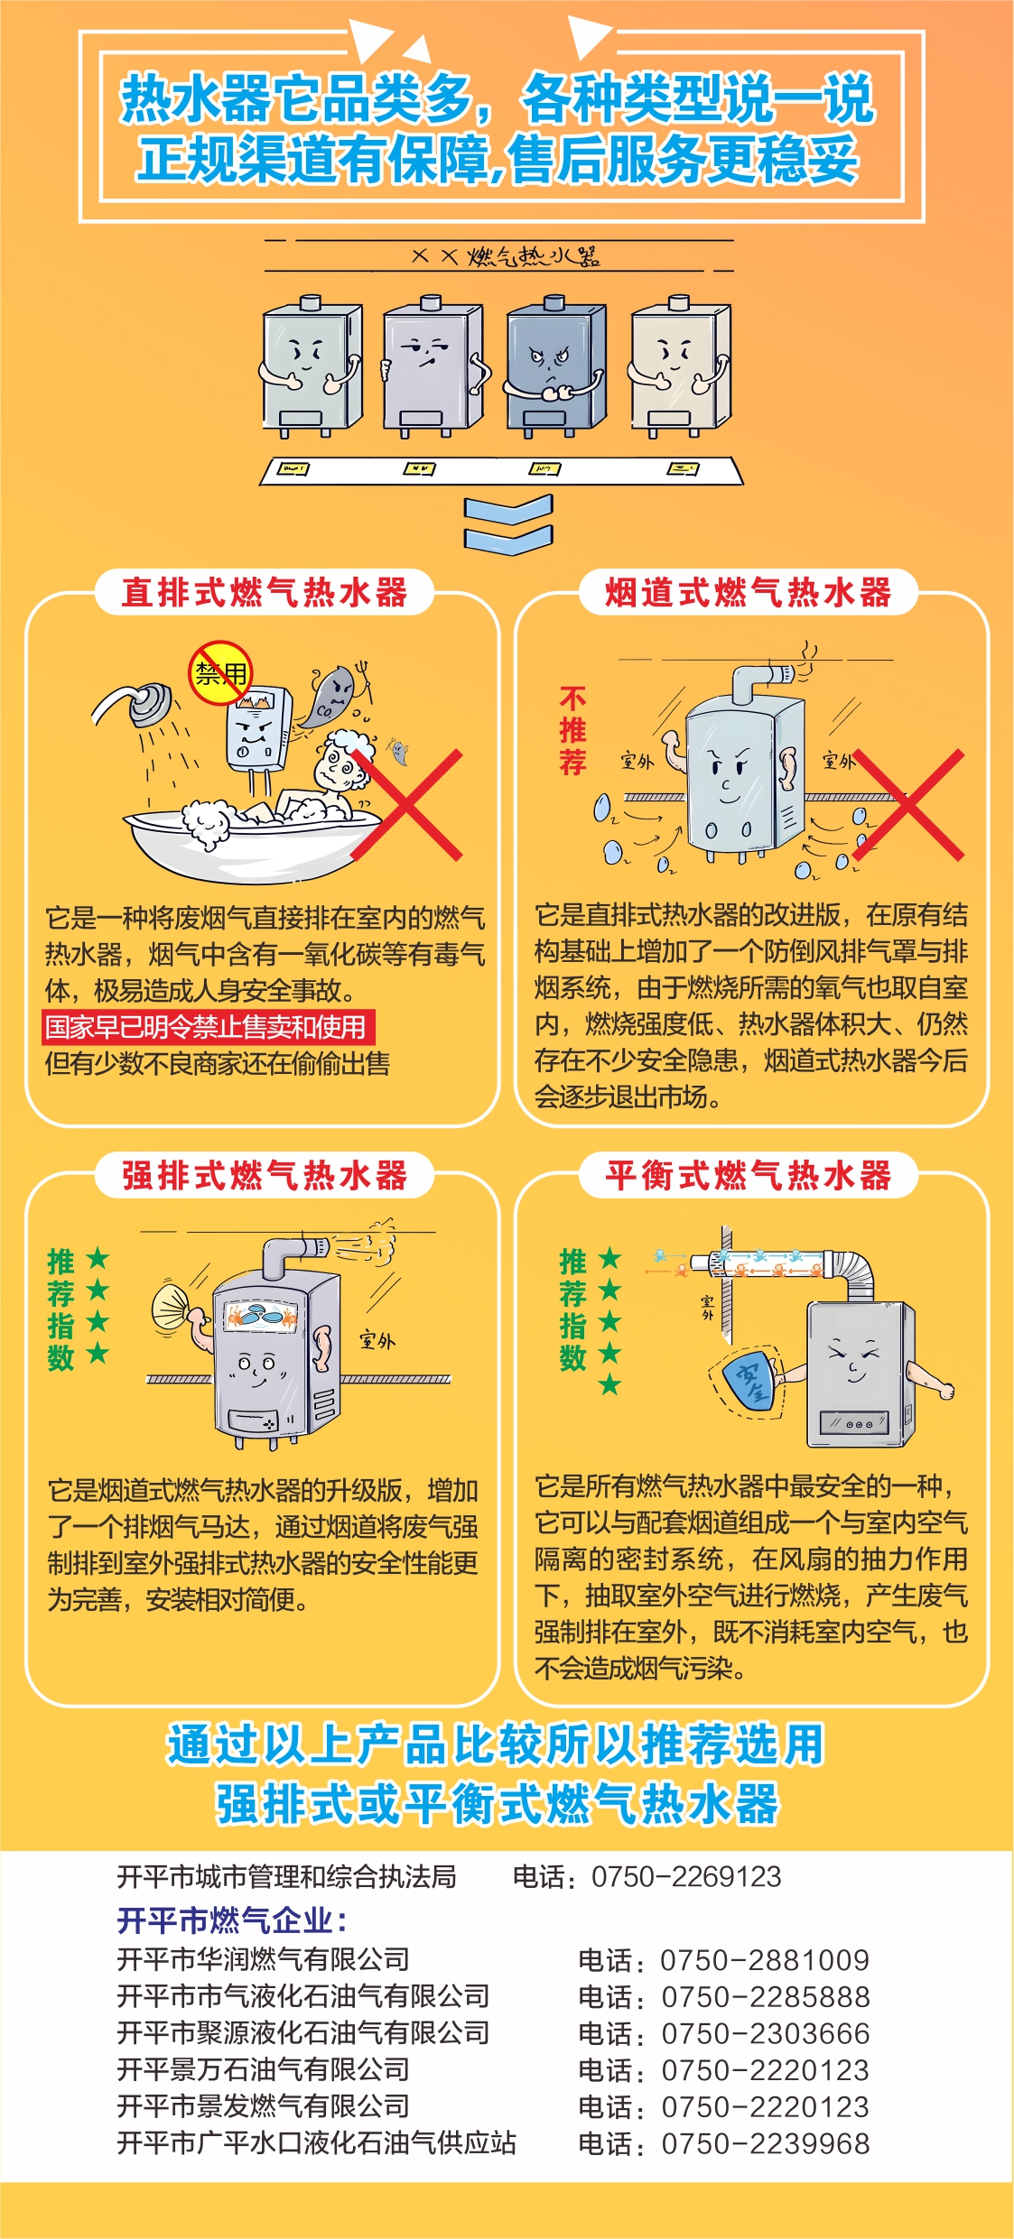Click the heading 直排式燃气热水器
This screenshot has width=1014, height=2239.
point(265,592)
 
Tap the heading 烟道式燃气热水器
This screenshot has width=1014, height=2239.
point(748,592)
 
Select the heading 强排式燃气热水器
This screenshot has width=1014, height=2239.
point(265,1175)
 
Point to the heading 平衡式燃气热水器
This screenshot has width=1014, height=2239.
point(748,1175)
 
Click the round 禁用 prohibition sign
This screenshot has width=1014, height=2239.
point(220,672)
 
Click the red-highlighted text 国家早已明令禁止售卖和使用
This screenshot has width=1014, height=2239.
point(207,1027)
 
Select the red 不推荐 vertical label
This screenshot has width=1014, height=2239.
point(572,730)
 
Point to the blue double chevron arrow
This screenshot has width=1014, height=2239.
point(507,524)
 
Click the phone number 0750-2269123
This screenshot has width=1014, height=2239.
point(686,1877)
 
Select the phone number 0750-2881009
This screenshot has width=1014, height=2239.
point(764,1960)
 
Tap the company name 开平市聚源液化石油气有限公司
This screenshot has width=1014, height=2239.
point(303,2033)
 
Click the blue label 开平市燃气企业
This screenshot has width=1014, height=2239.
point(231,1920)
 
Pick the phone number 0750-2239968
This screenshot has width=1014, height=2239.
point(765,2143)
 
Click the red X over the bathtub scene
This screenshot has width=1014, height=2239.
point(407,804)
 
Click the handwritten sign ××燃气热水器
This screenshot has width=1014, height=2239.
point(506,256)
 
